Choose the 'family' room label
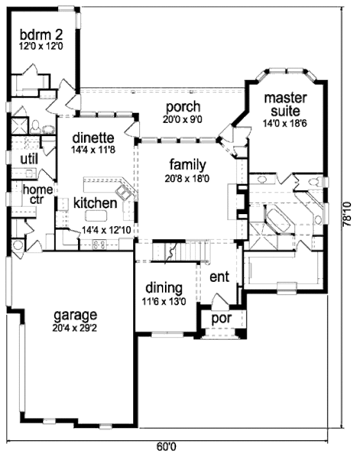[x=187, y=164]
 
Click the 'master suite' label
[x=286, y=104]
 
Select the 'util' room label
[x=29, y=159]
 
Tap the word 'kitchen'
[x=95, y=203]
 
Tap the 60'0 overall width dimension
[x=166, y=447]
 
